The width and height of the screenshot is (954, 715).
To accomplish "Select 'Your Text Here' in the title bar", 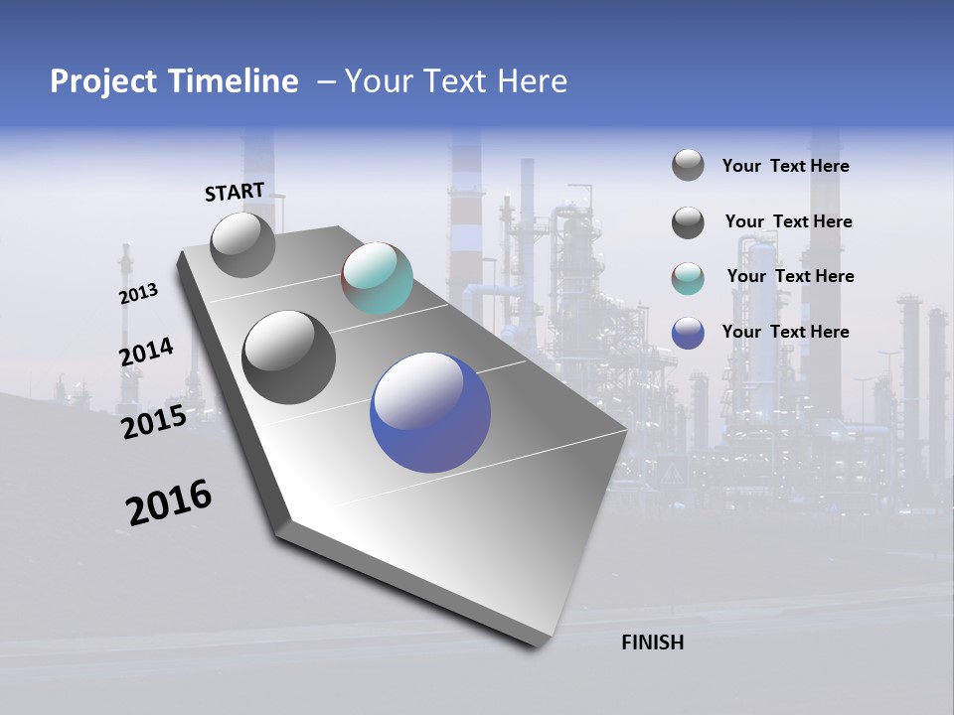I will [x=456, y=81].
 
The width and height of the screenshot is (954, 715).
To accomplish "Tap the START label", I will [x=235, y=192].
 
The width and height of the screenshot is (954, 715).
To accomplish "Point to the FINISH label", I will [x=653, y=643].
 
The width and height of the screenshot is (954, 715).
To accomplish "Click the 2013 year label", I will [x=139, y=294].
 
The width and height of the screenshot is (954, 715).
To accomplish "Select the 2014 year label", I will [x=146, y=353].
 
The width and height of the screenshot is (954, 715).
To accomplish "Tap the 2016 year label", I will [x=169, y=503].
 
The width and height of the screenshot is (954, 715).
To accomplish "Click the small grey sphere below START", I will [x=242, y=245].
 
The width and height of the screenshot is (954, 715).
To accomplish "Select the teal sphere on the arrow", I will [x=377, y=278].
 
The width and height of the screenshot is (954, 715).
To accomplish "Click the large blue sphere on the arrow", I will [x=430, y=411].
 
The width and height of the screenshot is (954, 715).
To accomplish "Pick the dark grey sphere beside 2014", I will [x=289, y=357].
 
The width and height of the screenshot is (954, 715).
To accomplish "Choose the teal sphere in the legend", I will [x=688, y=278].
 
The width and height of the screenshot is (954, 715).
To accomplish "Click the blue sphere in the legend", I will [x=688, y=333].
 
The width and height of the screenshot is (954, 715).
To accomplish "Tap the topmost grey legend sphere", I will [x=688, y=165].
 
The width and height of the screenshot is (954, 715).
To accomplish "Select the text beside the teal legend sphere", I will [x=790, y=276].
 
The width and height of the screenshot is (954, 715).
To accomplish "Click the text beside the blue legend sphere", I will [x=785, y=332].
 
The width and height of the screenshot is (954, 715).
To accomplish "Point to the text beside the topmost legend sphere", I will [x=785, y=166].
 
